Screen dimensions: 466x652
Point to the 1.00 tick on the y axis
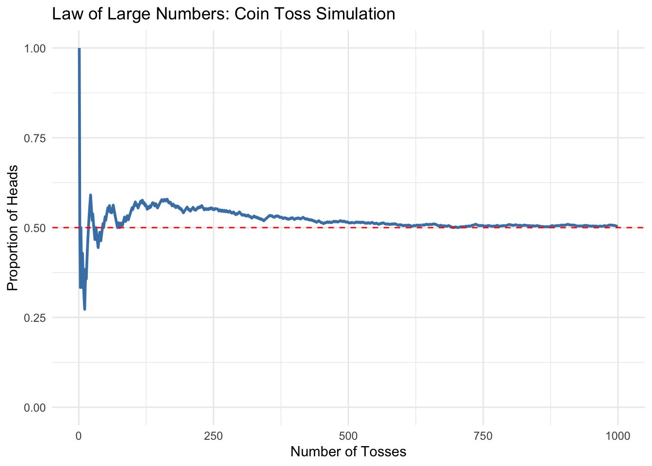click(x=35, y=49)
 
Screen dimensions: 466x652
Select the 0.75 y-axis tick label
click(x=35, y=138)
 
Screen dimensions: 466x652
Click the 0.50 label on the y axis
click(x=35, y=228)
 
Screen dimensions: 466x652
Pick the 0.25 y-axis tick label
click(x=35, y=318)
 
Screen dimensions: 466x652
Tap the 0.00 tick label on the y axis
click(x=35, y=408)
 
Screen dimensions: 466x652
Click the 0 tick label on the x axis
click(x=79, y=436)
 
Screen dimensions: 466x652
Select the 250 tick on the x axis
click(x=213, y=436)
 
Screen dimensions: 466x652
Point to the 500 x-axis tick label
click(x=348, y=436)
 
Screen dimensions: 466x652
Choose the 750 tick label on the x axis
click(x=483, y=436)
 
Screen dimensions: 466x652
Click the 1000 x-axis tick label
click(x=618, y=436)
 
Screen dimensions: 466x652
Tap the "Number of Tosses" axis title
click(x=348, y=452)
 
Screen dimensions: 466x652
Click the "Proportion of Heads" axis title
click(x=13, y=228)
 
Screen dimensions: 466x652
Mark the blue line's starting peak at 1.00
click(x=79, y=49)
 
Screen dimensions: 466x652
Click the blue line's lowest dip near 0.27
click(x=84, y=309)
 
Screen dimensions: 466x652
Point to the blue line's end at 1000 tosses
click(x=617, y=226)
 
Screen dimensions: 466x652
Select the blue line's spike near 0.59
click(x=90, y=195)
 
